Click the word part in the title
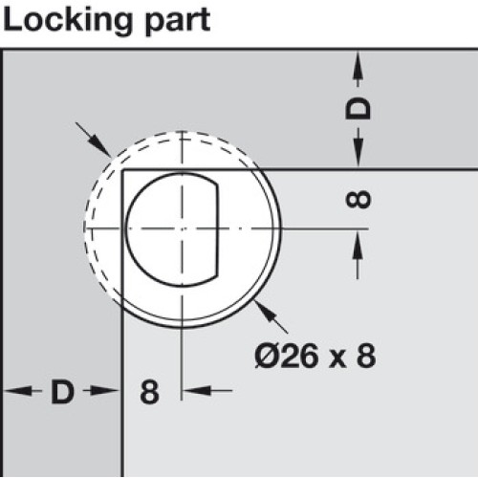pyautogui.click(x=178, y=22)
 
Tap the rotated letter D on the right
pyautogui.click(x=358, y=109)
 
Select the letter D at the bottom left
pyautogui.click(x=62, y=391)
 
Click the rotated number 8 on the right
pyautogui.click(x=358, y=200)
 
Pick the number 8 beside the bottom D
pyautogui.click(x=149, y=392)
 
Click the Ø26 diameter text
pyautogui.click(x=287, y=356)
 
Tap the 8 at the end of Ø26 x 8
pyautogui.click(x=366, y=356)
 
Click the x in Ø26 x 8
pyautogui.click(x=337, y=359)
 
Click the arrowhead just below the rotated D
pyautogui.click(x=358, y=151)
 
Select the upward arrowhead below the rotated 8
pyautogui.click(x=358, y=246)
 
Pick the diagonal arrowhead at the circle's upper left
pyautogui.click(x=100, y=145)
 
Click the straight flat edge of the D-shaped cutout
pyautogui.click(x=218, y=228)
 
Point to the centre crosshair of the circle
pyautogui.click(x=182, y=228)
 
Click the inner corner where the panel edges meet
pyautogui.click(x=122, y=170)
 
